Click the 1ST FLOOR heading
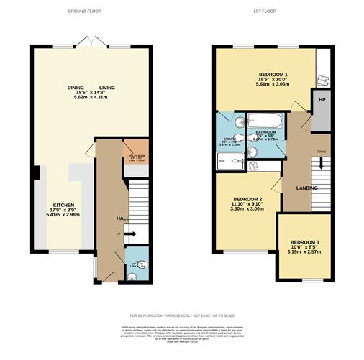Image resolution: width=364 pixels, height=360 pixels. pyautogui.click(x=266, y=11)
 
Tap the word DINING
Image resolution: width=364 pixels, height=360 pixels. pyautogui.click(x=76, y=88)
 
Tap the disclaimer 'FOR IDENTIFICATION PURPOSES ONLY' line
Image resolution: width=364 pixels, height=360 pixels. pyautogui.click(x=182, y=316)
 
